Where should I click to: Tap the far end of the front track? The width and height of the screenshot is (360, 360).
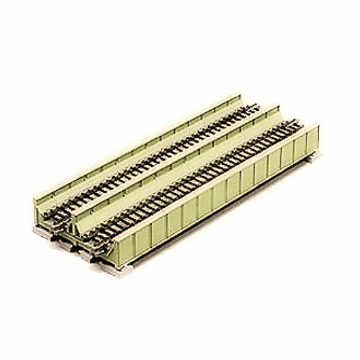coord(288,127)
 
